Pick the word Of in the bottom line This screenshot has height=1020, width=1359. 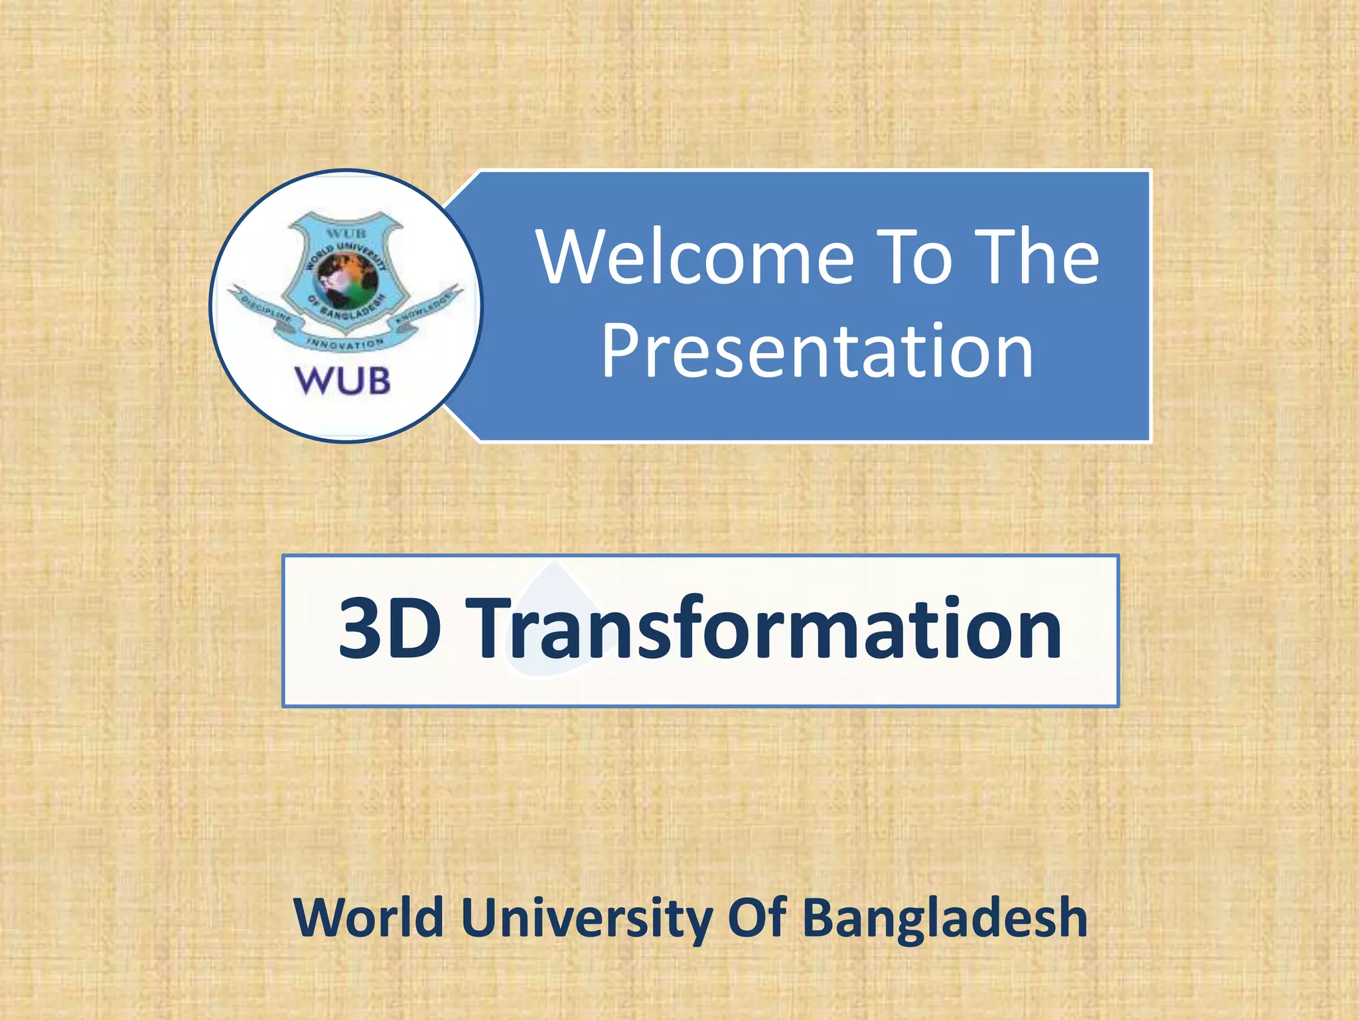[757, 918]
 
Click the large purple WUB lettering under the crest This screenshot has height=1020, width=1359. [343, 381]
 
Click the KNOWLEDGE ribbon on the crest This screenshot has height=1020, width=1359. [427, 307]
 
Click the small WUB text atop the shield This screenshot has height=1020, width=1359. [346, 234]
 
